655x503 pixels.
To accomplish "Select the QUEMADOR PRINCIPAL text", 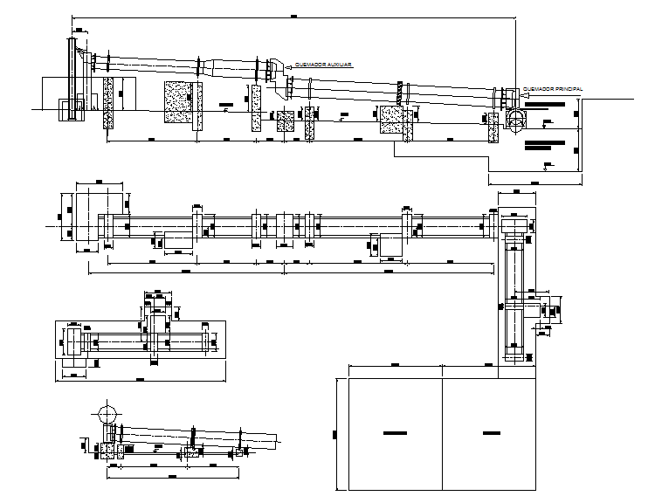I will pyautogui.click(x=551, y=88).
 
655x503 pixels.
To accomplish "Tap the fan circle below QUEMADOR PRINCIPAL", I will pyautogui.click(x=516, y=119).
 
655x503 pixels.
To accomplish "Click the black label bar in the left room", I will pyautogui.click(x=394, y=431).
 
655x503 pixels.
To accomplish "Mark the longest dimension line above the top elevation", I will pyautogui.click(x=293, y=17).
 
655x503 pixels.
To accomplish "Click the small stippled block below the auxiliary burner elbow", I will pyautogui.click(x=285, y=121).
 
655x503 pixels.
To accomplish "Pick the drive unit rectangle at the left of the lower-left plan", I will pyautogui.click(x=72, y=339).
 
